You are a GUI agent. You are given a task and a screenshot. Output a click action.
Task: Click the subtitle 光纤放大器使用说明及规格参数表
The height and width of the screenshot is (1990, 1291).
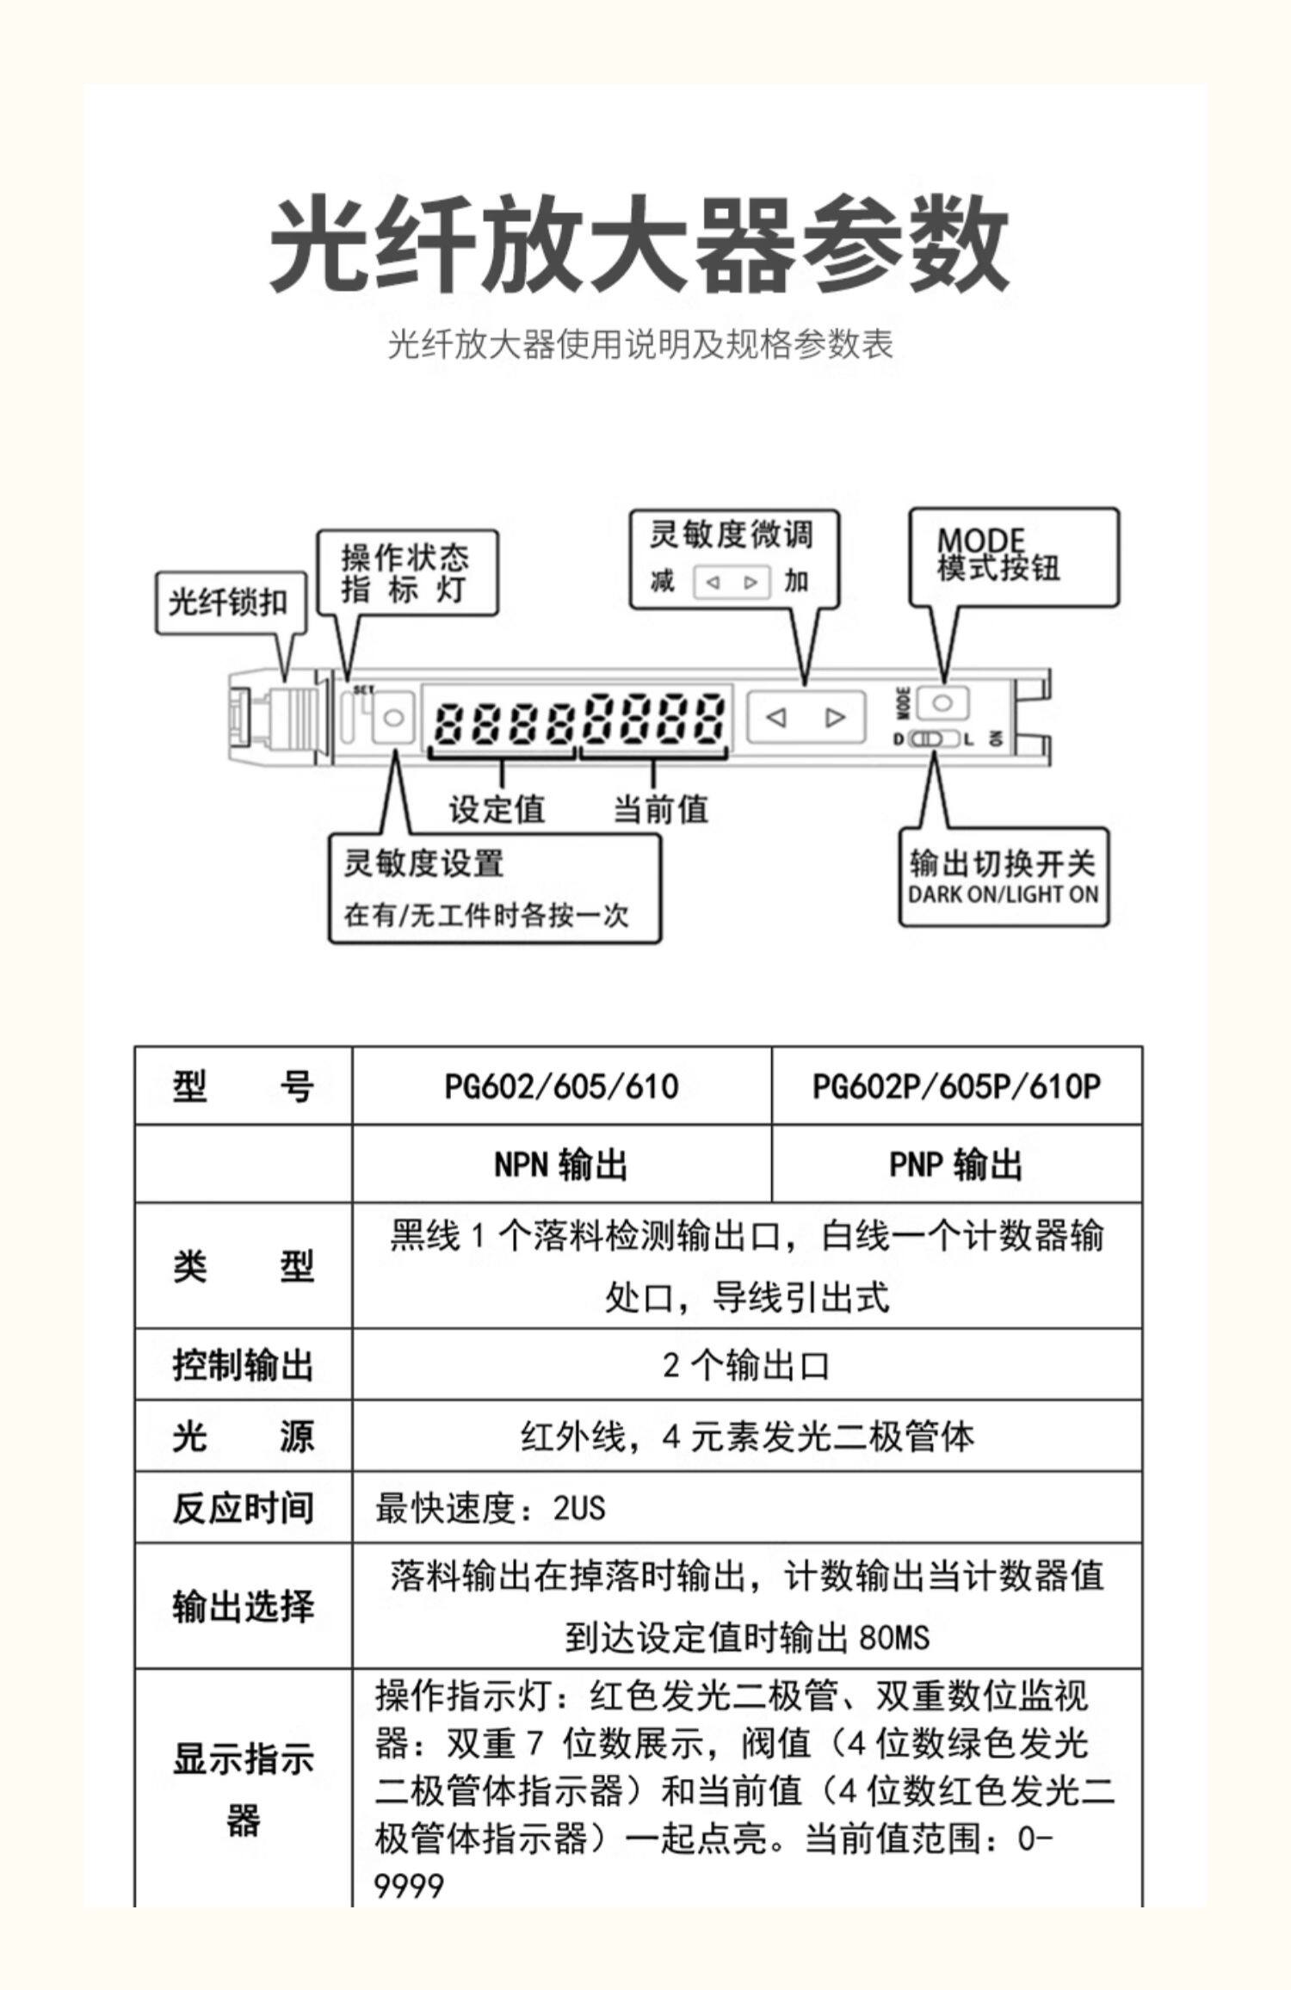click(640, 344)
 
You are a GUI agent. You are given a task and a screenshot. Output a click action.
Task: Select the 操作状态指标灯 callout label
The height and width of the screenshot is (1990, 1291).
click(406, 573)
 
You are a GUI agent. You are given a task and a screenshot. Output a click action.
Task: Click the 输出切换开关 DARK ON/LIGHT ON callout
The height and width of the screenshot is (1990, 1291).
click(1003, 876)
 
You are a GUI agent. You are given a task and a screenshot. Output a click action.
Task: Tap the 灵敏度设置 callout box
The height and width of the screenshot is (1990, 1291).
click(494, 888)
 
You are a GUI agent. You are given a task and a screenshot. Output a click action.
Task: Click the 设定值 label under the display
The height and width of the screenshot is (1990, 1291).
click(497, 809)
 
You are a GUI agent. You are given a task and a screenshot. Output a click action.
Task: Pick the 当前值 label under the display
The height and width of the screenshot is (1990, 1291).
click(660, 809)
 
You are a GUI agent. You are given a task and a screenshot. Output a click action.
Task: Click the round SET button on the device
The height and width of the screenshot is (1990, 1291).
click(393, 717)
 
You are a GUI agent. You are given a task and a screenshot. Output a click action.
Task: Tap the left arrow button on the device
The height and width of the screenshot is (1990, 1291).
click(776, 716)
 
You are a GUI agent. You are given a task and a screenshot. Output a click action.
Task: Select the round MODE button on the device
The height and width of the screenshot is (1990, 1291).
click(942, 703)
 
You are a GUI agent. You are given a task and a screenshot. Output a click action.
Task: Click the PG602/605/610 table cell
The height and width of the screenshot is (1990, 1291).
click(561, 1086)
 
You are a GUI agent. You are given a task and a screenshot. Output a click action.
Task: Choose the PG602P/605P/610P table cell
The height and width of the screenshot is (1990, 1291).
click(956, 1086)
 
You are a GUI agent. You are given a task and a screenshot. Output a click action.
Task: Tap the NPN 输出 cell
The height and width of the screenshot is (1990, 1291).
click(561, 1165)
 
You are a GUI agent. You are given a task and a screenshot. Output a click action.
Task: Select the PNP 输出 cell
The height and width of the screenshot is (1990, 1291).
click(956, 1165)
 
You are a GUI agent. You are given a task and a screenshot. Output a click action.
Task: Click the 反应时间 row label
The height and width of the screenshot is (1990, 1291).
click(243, 1508)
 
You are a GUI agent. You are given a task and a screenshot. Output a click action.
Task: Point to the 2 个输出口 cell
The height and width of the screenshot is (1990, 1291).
click(746, 1365)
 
